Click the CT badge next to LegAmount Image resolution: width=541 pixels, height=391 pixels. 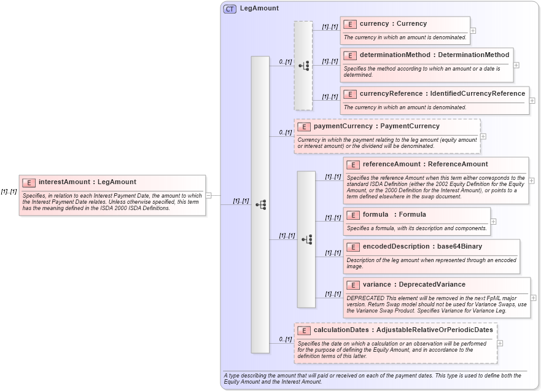click(x=230, y=9)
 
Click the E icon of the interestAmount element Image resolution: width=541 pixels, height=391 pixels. click(x=29, y=182)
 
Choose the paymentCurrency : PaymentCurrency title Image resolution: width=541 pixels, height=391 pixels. click(x=376, y=126)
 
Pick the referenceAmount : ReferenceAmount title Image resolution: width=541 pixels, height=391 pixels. click(x=425, y=164)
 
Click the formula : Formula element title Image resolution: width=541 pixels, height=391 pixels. click(x=402, y=214)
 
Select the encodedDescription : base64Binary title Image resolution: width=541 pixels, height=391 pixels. click(x=422, y=246)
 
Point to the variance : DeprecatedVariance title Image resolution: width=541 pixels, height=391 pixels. click(x=414, y=284)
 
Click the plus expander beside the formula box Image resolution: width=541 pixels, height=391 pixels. click(x=494, y=222)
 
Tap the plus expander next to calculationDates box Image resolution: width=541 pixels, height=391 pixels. click(x=500, y=343)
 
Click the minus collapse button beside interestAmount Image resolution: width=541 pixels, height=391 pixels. click(x=209, y=195)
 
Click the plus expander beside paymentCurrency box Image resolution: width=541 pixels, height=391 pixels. click(x=483, y=136)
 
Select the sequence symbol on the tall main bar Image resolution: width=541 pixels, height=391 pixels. click(x=260, y=204)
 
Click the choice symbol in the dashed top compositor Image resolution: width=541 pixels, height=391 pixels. click(x=303, y=66)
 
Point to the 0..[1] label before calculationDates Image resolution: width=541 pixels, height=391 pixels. click(x=285, y=339)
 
